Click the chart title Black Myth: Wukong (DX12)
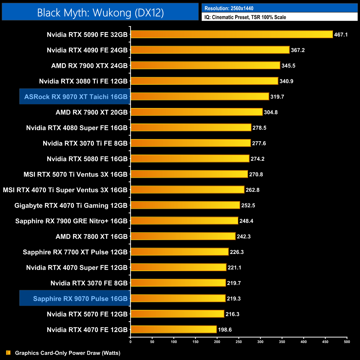tap(100, 12)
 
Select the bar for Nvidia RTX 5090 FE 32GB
tap(232, 34)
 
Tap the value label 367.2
tap(298, 50)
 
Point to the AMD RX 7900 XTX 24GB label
tap(89, 66)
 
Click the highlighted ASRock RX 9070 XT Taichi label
tap(76, 97)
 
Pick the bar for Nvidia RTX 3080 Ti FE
tap(204, 81)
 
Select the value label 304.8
tap(271, 112)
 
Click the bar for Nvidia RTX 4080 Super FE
tap(191, 127)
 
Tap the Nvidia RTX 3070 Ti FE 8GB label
tap(85, 143)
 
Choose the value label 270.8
tap(256, 174)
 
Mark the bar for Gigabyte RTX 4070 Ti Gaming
tap(185, 205)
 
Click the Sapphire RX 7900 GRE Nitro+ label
tap(71, 221)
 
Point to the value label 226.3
tap(237, 252)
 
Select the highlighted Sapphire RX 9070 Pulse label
tap(80, 299)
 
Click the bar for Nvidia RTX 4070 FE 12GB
tap(173, 329)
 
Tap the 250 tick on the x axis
tap(239, 342)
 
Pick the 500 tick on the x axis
tap(347, 342)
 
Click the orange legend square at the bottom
tap(8, 353)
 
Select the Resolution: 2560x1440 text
tap(229, 8)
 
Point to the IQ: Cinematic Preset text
tap(245, 17)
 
